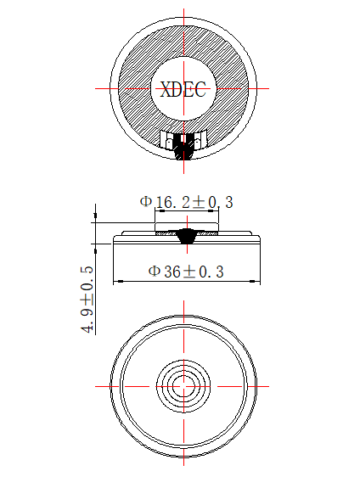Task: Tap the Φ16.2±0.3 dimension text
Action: point(186,202)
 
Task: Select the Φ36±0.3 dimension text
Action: point(186,272)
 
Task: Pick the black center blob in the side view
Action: point(186,235)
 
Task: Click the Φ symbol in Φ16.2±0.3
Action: point(145,202)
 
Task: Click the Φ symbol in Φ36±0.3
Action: point(154,272)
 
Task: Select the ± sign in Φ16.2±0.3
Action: point(200,202)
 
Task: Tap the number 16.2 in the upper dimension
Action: point(172,202)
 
